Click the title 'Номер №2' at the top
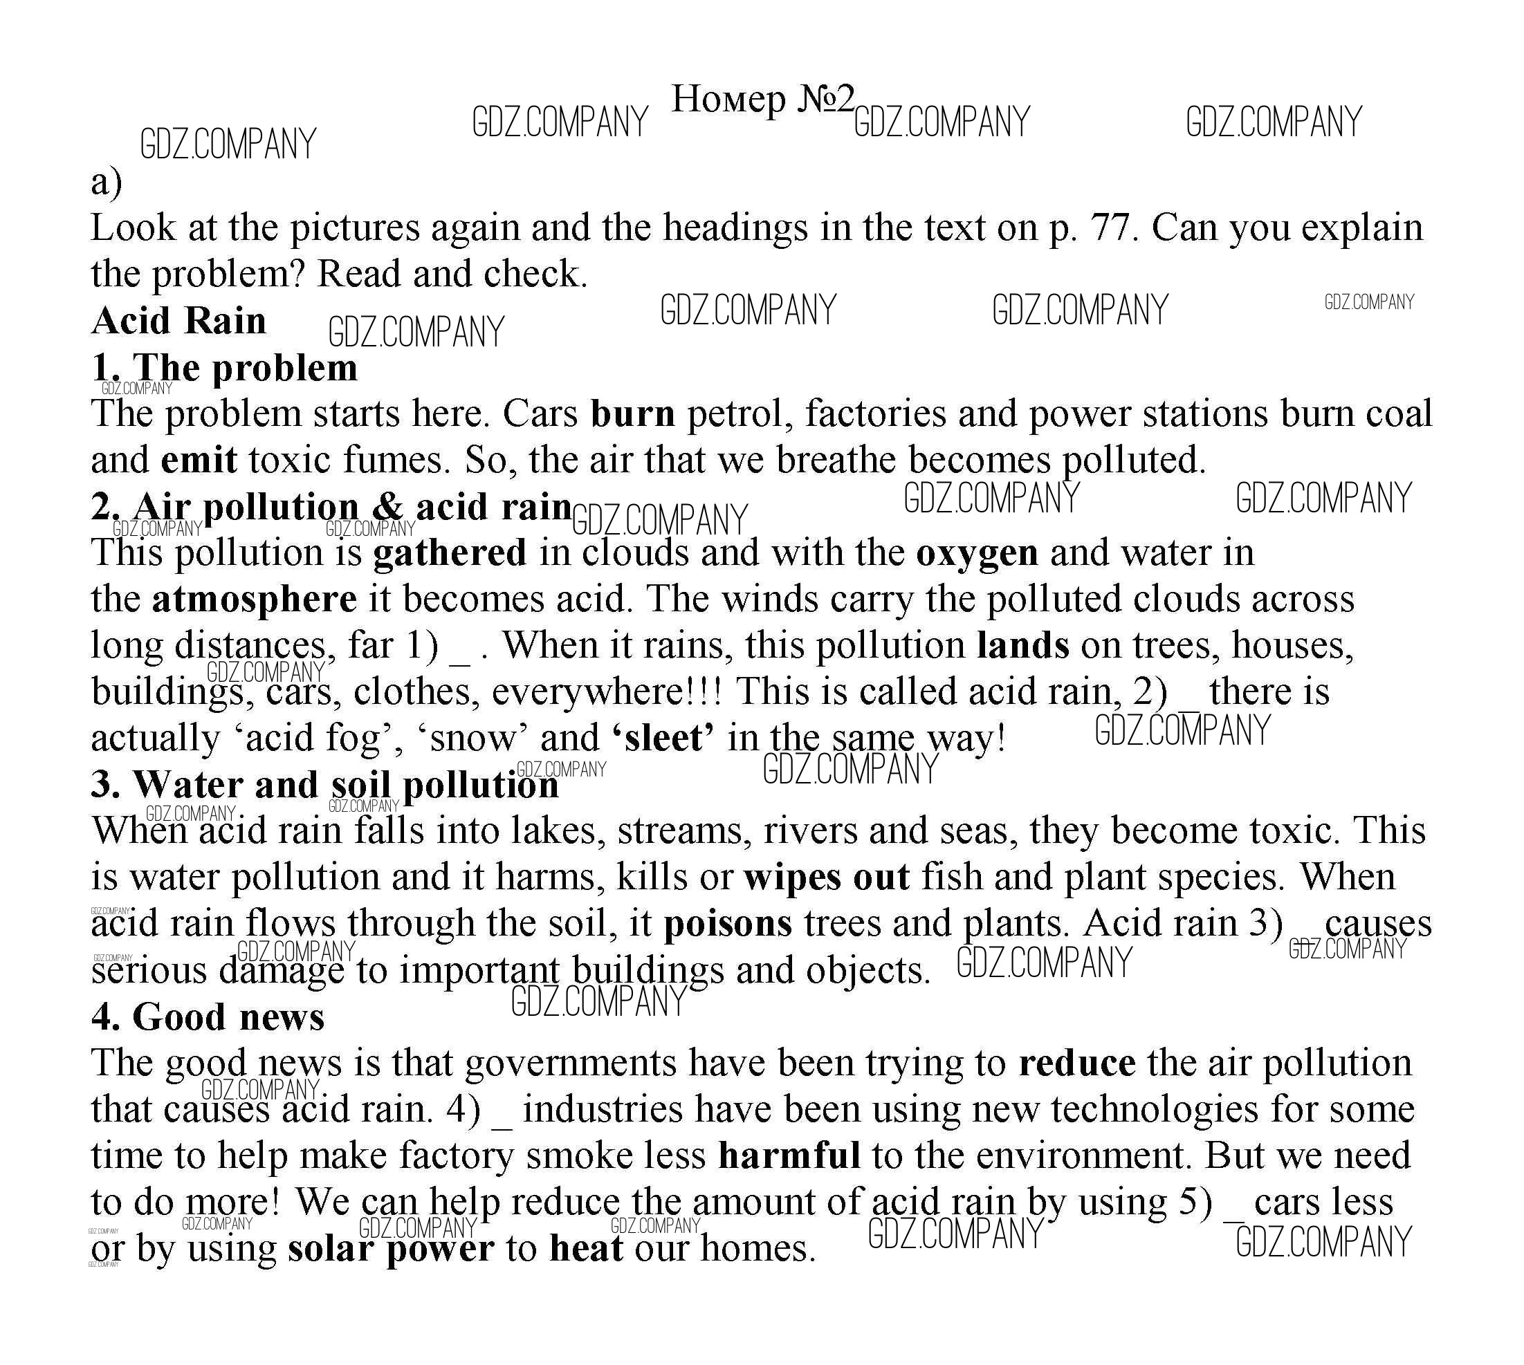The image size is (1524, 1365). pyautogui.click(x=762, y=98)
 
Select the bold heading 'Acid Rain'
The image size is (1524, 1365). pyautogui.click(x=178, y=321)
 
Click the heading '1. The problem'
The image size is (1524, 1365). pyautogui.click(x=224, y=367)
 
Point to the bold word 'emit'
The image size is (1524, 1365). pyautogui.click(x=199, y=460)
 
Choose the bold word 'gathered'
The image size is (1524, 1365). pyautogui.click(x=450, y=552)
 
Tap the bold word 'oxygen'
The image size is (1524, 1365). pyautogui.click(x=977, y=552)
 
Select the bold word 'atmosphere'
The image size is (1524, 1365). pyautogui.click(x=255, y=600)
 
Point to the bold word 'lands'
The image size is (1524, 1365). pyautogui.click(x=1022, y=645)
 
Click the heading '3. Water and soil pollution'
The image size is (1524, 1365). pyautogui.click(x=325, y=785)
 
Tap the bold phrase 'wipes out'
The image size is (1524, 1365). pyautogui.click(x=827, y=877)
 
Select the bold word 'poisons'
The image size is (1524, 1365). pyautogui.click(x=728, y=923)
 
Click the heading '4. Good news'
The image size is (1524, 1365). pyautogui.click(x=208, y=1016)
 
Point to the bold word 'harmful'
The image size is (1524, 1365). pyautogui.click(x=789, y=1155)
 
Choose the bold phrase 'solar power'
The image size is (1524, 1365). pyautogui.click(x=391, y=1249)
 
